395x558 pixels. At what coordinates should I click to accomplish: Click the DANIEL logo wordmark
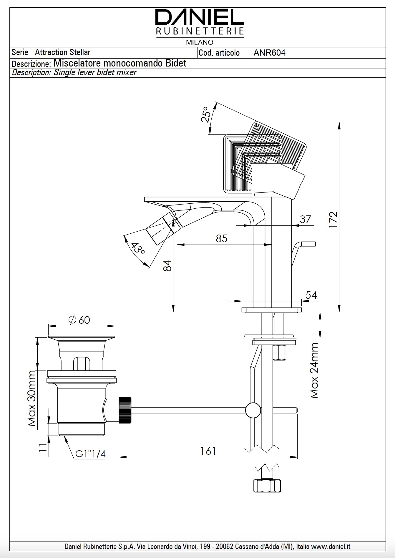coord(200,18)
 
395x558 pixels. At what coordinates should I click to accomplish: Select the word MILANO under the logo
coord(200,42)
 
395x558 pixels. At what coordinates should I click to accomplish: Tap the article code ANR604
coord(269,53)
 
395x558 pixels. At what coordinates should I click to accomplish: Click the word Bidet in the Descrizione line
coord(176,63)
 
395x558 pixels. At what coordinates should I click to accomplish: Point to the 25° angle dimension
coord(206,115)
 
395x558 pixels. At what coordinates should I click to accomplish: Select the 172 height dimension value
coord(333,219)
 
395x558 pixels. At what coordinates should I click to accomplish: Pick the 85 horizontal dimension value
coord(221,238)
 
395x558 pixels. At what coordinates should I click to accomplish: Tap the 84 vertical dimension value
coord(167,266)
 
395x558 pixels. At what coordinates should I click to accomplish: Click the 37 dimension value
coord(305,219)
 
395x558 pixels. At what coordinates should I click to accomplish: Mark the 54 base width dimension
coord(311,295)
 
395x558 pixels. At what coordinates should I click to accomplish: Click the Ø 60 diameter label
coord(79,320)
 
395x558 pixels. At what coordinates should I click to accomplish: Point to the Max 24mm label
coord(314,371)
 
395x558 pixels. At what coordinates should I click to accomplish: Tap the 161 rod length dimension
coord(208,451)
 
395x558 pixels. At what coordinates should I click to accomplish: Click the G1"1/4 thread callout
coord(90,454)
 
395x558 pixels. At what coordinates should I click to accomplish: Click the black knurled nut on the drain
coord(125,410)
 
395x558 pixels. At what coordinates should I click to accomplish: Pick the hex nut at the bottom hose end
coord(267,486)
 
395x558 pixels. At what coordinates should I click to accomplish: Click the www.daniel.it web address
coord(331,547)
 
